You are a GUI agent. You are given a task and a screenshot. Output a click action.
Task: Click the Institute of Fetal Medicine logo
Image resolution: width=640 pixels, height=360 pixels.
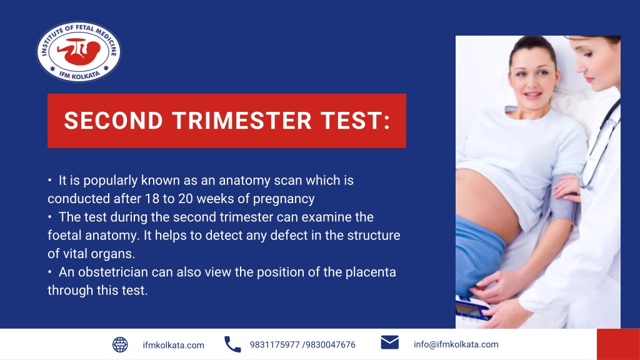(x=79, y=51)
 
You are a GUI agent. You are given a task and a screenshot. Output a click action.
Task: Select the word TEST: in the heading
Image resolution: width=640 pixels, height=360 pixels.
(x=355, y=121)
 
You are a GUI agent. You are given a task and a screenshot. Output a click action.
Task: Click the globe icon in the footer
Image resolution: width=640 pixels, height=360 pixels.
(x=120, y=344)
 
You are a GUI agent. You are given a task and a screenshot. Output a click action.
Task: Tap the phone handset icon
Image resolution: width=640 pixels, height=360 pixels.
(x=232, y=344)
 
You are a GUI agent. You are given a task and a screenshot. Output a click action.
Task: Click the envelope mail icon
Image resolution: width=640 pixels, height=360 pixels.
(x=389, y=342)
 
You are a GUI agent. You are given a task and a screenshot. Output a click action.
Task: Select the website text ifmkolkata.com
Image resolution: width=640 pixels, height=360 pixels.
(x=173, y=345)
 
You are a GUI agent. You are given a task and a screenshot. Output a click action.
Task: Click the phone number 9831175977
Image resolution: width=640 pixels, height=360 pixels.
(x=274, y=345)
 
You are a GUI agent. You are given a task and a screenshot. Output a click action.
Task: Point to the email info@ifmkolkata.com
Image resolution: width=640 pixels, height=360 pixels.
(x=456, y=344)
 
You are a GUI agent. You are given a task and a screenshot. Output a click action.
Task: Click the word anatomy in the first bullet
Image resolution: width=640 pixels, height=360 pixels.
(x=245, y=181)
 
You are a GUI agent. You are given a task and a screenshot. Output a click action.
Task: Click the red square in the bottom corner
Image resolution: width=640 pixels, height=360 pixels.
(x=618, y=344)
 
